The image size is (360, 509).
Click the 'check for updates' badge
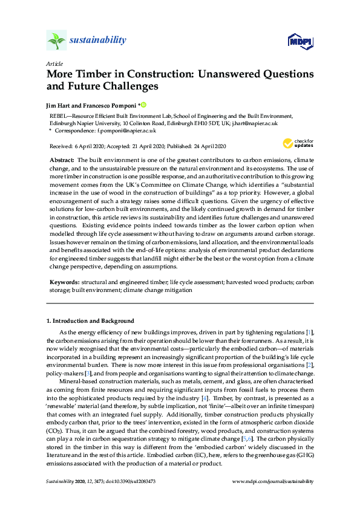(x=295, y=144)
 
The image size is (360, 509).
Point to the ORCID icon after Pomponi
(x=144, y=105)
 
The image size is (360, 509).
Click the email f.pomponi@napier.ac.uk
(x=131, y=130)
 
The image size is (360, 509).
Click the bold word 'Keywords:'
(x=65, y=282)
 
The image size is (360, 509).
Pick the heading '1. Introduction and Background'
(x=90, y=320)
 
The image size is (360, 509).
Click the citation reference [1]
(x=309, y=333)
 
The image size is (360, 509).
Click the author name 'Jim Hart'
(x=58, y=105)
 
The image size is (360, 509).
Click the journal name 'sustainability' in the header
(x=97, y=41)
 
